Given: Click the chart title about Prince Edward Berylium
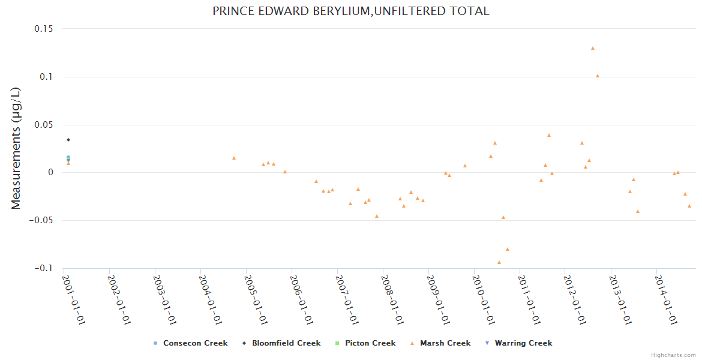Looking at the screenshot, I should pos(351,11).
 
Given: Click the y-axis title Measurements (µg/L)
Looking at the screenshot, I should pos(16,148).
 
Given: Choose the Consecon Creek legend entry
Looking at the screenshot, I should pos(190,343).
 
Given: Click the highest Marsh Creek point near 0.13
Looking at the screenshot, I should pos(593,48).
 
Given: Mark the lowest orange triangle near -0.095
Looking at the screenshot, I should pos(499,262).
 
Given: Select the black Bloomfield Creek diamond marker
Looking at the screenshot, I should pos(68,140).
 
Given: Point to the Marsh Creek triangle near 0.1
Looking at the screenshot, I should pos(598,76).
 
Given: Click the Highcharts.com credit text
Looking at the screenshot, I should pos(673,355).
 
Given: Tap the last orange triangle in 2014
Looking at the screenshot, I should pos(689,206).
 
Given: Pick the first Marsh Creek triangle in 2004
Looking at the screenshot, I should pos(234,158).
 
